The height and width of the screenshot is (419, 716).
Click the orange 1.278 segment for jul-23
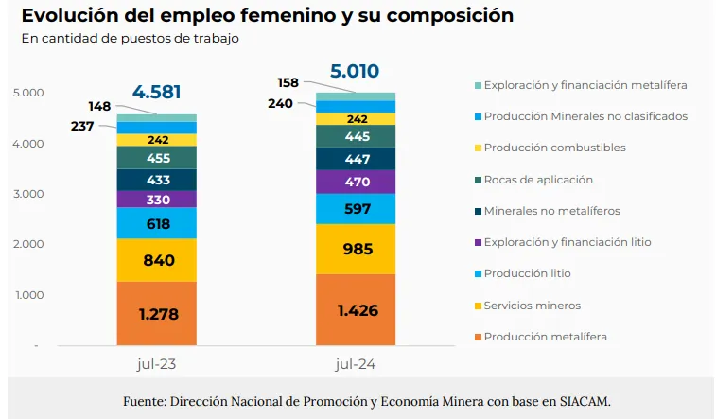tap(157, 313)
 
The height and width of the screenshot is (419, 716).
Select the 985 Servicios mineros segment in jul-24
tap(355, 249)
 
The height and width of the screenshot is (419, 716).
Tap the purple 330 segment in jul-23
tap(157, 200)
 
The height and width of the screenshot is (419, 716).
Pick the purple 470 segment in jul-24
tap(355, 182)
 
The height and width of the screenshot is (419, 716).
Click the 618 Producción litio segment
tap(157, 223)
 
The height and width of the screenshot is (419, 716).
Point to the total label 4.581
tap(157, 93)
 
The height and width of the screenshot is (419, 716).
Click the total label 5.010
tap(355, 71)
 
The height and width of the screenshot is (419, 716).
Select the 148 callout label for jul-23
tap(100, 106)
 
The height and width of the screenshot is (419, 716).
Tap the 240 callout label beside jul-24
tap(281, 104)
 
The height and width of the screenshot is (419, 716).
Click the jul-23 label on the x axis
tap(157, 362)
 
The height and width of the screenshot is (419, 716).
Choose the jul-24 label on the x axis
tap(355, 362)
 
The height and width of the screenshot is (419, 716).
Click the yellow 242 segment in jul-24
tap(355, 119)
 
